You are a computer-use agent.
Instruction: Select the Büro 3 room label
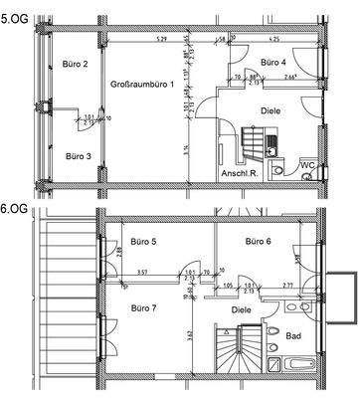click(x=79, y=156)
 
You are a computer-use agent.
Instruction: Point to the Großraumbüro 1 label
click(x=142, y=85)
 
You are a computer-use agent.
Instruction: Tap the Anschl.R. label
click(x=241, y=181)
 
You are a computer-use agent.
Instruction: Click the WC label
click(x=309, y=164)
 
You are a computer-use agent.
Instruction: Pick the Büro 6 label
click(x=260, y=241)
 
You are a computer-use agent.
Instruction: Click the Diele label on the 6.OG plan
click(x=242, y=309)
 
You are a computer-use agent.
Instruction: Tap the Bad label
click(x=293, y=336)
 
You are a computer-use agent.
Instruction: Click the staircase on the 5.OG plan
click(x=249, y=149)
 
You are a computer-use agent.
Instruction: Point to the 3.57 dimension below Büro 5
click(x=114, y=272)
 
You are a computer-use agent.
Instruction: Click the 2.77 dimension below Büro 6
click(x=286, y=285)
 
